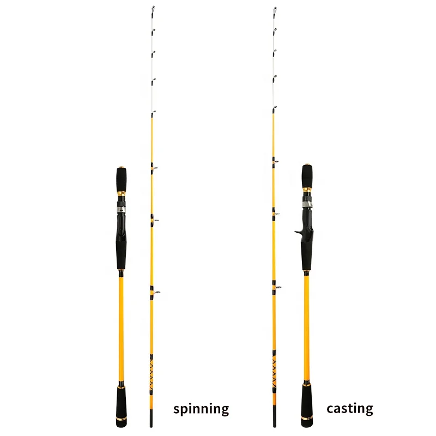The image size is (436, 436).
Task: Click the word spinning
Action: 201,409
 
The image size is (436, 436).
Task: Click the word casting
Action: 349,408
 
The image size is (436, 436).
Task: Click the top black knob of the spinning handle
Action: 121,178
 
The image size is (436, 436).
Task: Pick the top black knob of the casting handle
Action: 307,177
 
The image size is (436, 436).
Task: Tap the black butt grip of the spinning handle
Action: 121,402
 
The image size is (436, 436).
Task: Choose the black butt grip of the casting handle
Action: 307,401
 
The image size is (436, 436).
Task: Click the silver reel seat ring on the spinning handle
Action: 121,208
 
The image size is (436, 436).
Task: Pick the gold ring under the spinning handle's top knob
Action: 121,193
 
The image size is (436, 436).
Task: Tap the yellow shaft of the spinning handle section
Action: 121,327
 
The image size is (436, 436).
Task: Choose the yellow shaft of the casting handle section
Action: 307,327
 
